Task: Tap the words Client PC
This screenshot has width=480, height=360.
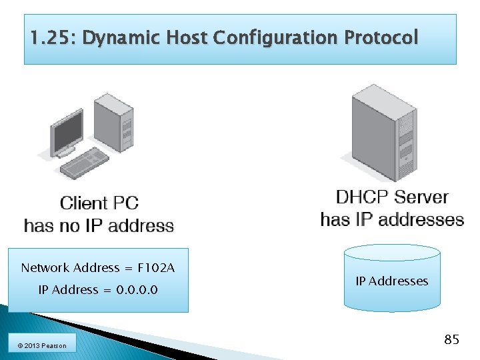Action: pos(99,203)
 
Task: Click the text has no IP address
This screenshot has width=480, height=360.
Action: pos(99,226)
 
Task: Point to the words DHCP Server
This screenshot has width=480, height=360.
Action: pos(392,197)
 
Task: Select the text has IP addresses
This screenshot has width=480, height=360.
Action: pos(392,219)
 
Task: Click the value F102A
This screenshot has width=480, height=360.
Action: pos(155,268)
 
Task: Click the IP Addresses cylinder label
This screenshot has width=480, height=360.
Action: pos(392,281)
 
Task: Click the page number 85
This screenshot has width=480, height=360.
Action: pos(451,340)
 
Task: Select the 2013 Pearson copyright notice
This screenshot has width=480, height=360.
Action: pos(42,345)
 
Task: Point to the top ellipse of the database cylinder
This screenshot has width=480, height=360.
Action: pos(392,252)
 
